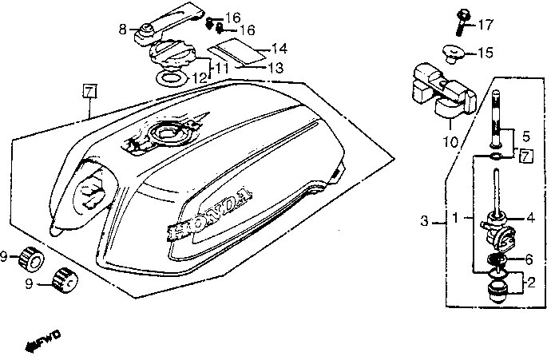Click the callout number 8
tap(123, 30)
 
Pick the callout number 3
tap(426, 221)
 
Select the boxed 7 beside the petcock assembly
tap(525, 156)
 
